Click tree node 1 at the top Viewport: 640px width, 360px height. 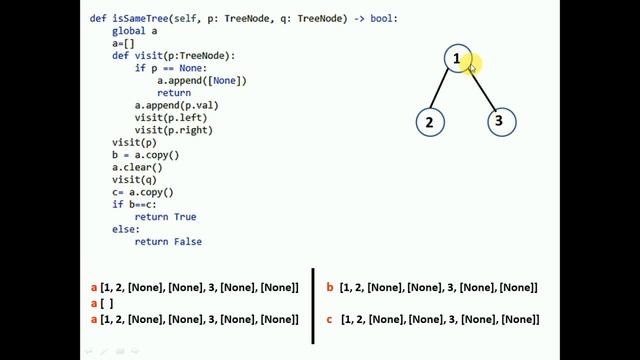[457, 59]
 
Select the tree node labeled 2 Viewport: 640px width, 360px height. [429, 122]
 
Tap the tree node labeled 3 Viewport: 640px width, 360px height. [500, 122]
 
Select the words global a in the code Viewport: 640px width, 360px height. [134, 32]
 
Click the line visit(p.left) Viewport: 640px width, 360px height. [173, 117]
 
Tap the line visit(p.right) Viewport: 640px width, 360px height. [176, 130]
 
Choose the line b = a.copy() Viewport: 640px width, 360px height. [145, 155]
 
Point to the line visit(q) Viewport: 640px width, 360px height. [134, 180]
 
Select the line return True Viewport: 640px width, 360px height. [165, 217]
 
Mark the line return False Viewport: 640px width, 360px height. [168, 241]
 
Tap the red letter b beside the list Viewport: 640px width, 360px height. [330, 288]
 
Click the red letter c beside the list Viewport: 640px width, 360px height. [330, 320]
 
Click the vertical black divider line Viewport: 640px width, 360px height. [314, 305]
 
